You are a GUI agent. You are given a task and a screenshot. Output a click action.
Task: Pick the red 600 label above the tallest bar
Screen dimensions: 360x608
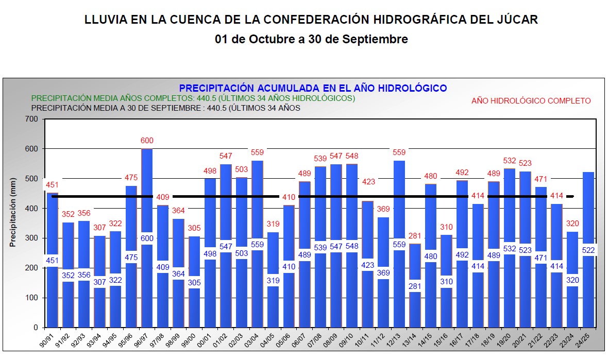coord(147,141)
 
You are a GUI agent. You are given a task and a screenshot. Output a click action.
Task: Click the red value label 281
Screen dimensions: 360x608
coord(415,236)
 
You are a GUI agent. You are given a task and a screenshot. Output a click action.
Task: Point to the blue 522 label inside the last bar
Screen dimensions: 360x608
coord(588,250)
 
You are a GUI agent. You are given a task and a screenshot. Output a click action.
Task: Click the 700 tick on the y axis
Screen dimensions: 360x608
coord(32,119)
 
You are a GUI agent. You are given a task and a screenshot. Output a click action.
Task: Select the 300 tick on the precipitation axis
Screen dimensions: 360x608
coord(32,238)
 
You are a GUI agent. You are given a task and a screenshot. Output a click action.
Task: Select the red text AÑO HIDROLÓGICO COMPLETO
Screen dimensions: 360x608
coord(531,101)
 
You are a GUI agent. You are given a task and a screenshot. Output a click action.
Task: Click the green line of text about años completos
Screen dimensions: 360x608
coord(193,98)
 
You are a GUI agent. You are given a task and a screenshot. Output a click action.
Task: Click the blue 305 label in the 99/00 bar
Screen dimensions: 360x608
coord(194,282)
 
